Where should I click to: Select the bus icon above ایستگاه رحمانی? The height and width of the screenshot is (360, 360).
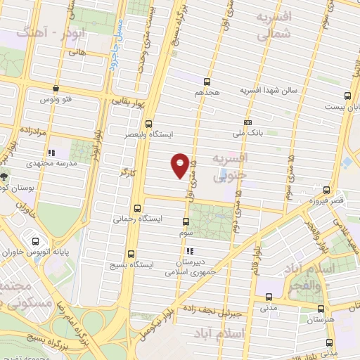[136, 208]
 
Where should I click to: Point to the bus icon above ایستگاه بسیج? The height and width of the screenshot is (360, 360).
[131, 255]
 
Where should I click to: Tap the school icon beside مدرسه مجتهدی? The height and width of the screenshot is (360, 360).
[51, 152]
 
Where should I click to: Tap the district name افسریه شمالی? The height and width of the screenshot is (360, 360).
[273, 25]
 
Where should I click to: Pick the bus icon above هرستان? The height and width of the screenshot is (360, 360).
[322, 308]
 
